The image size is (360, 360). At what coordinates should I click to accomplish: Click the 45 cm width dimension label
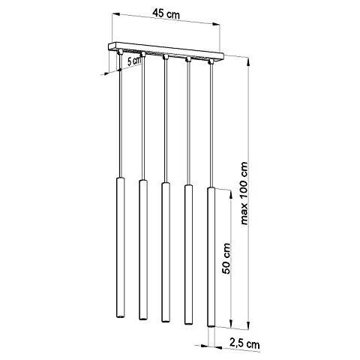pos(164,13)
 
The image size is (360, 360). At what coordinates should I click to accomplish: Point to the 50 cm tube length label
pos(226,259)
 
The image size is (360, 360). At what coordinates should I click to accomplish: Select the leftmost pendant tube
pos(120,248)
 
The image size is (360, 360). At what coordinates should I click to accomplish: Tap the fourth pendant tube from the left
pos(187,250)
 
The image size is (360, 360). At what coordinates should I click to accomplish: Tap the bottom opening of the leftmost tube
pos(120,317)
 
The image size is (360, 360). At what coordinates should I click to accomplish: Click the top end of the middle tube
pos(164,183)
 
